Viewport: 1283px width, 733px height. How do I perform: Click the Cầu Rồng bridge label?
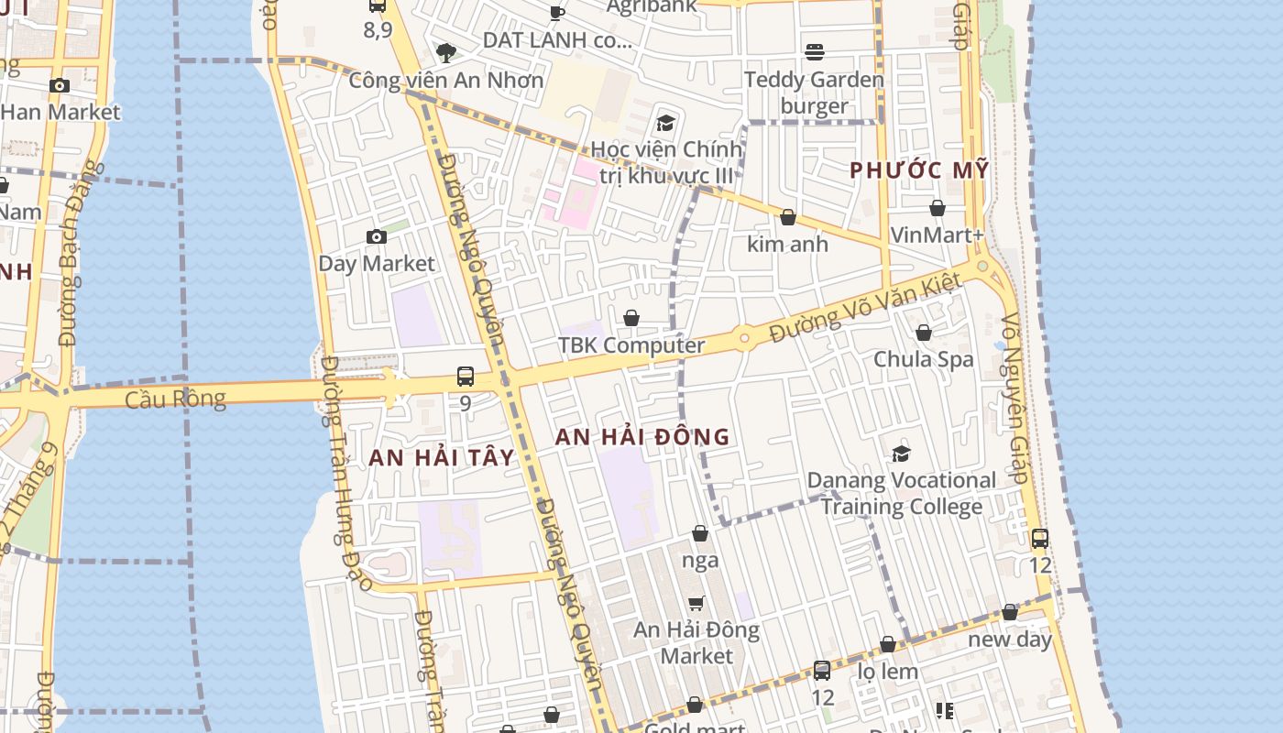pyautogui.click(x=175, y=399)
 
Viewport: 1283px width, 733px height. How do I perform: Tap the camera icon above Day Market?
pyautogui.click(x=376, y=237)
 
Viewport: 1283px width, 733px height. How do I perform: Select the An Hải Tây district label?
pyautogui.click(x=441, y=457)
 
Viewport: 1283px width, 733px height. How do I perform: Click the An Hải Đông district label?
pyautogui.click(x=642, y=437)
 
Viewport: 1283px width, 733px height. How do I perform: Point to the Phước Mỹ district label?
pyautogui.click(x=919, y=170)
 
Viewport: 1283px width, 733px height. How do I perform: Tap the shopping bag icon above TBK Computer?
pyautogui.click(x=631, y=318)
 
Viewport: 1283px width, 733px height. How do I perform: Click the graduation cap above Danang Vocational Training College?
pyautogui.click(x=902, y=454)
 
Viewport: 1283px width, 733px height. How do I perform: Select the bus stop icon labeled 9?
pyautogui.click(x=466, y=377)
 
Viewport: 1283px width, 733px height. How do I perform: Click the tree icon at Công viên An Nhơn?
pyautogui.click(x=446, y=52)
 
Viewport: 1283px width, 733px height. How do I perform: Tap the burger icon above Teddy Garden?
pyautogui.click(x=815, y=52)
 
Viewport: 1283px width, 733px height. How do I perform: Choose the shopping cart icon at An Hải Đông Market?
pyautogui.click(x=696, y=603)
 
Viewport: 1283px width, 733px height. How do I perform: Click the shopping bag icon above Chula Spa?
pyautogui.click(x=924, y=333)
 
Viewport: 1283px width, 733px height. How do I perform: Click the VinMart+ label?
pyautogui.click(x=937, y=235)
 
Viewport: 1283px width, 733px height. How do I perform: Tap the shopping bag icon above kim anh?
pyautogui.click(x=787, y=217)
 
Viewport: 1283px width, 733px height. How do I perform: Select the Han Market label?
pyautogui.click(x=60, y=112)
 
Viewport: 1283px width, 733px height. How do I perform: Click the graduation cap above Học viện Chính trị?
pyautogui.click(x=665, y=123)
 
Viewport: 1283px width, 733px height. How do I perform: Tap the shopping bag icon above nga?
pyautogui.click(x=700, y=533)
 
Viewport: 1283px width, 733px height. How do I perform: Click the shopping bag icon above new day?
pyautogui.click(x=1010, y=612)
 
